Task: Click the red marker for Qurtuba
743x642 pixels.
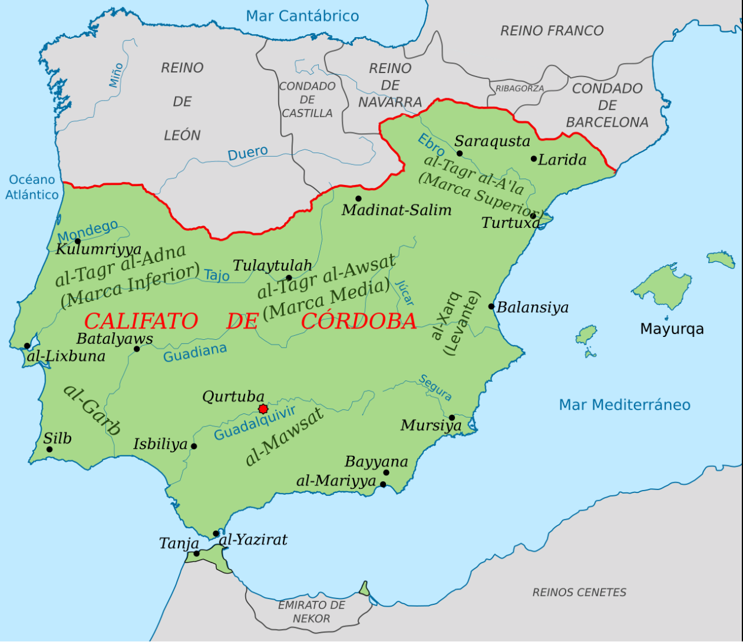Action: tap(263, 409)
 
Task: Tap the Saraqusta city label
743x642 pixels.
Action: tap(492, 141)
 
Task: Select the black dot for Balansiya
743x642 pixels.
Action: tap(491, 306)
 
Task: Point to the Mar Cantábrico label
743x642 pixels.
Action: tap(302, 16)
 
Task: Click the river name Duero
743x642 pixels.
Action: tap(247, 154)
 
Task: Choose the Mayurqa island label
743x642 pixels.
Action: tap(672, 329)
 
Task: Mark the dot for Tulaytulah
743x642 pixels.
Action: tap(289, 278)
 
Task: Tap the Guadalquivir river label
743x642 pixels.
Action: tap(255, 423)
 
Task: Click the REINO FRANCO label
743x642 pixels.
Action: tap(552, 31)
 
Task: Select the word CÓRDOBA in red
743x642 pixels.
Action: tap(359, 321)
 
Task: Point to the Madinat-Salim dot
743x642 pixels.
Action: tap(358, 198)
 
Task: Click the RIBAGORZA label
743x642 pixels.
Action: tap(519, 88)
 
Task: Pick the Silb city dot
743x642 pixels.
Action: tap(49, 449)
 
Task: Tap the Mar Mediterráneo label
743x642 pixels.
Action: tap(625, 405)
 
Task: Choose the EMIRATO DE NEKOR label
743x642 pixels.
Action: tap(311, 611)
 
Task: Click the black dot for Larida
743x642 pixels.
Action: tap(534, 158)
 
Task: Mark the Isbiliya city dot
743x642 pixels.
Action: tap(194, 446)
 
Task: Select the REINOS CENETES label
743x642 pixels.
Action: tap(579, 592)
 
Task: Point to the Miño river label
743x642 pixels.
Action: tap(116, 75)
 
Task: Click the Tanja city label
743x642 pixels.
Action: tap(179, 543)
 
